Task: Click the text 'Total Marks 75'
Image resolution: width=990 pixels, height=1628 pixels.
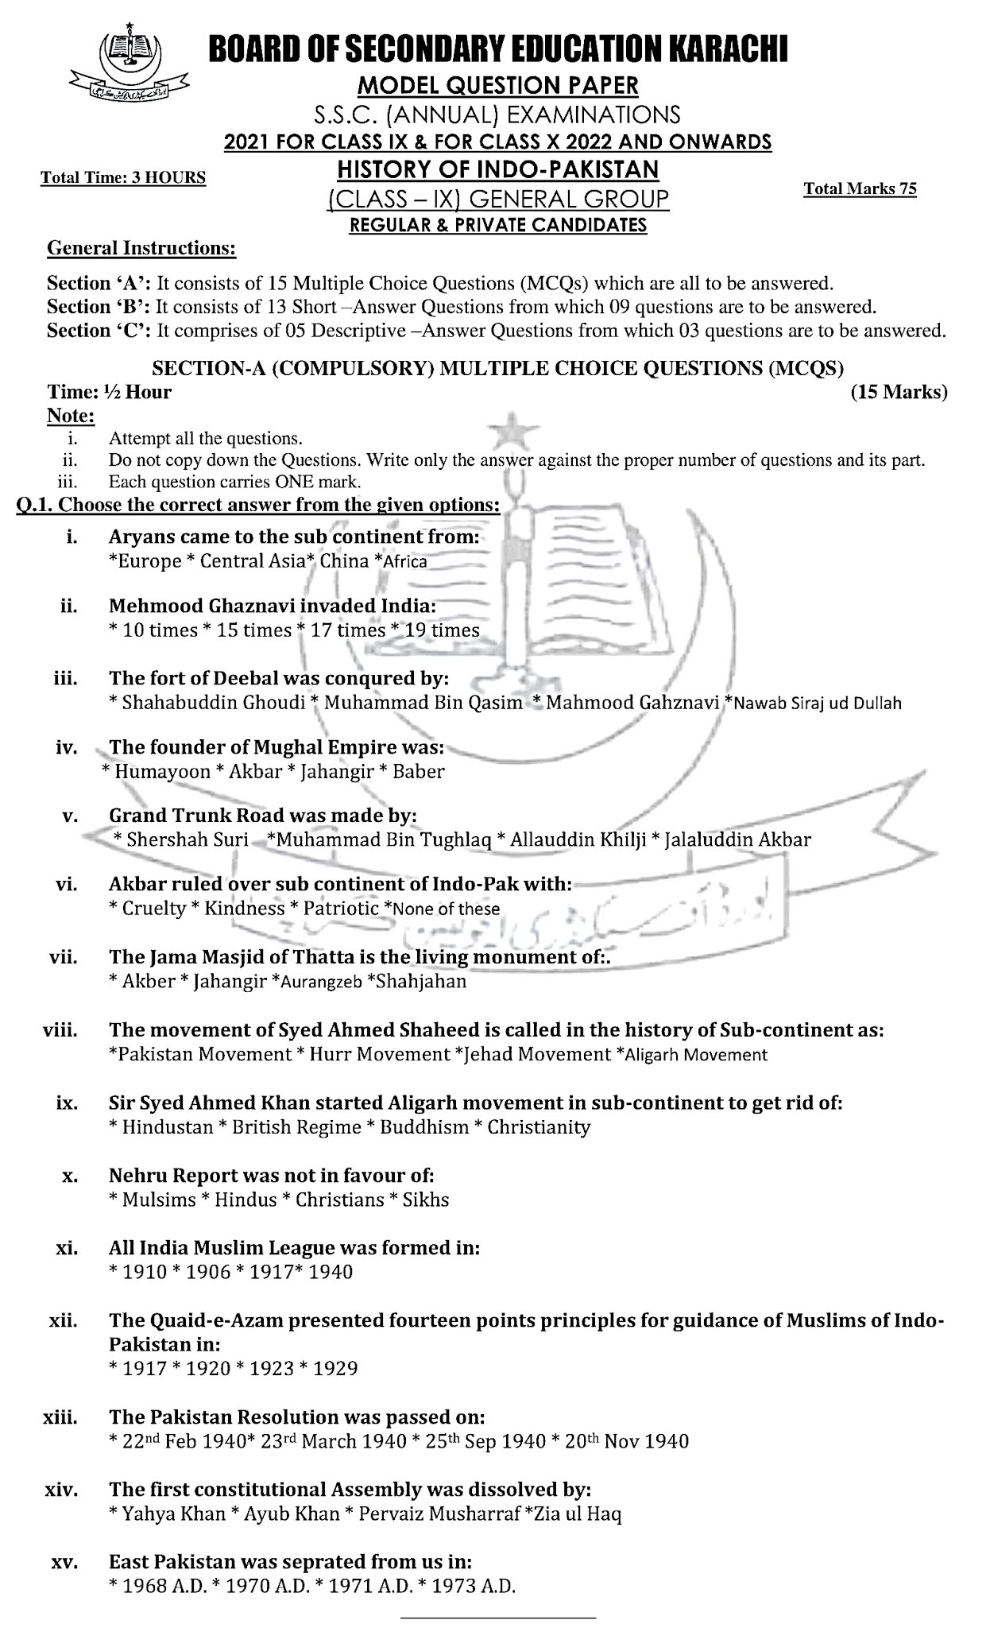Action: point(860,188)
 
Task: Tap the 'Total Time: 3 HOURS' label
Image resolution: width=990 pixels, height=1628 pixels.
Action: point(123,177)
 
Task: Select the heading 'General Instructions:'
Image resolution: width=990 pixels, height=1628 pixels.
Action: point(141,248)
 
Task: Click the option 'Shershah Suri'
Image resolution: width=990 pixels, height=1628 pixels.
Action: point(187,839)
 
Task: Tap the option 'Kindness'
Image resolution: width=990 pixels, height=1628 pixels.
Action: point(244,909)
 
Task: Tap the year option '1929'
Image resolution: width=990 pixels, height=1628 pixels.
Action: point(335,1368)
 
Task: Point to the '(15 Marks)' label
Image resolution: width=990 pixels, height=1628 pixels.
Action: point(899,392)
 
